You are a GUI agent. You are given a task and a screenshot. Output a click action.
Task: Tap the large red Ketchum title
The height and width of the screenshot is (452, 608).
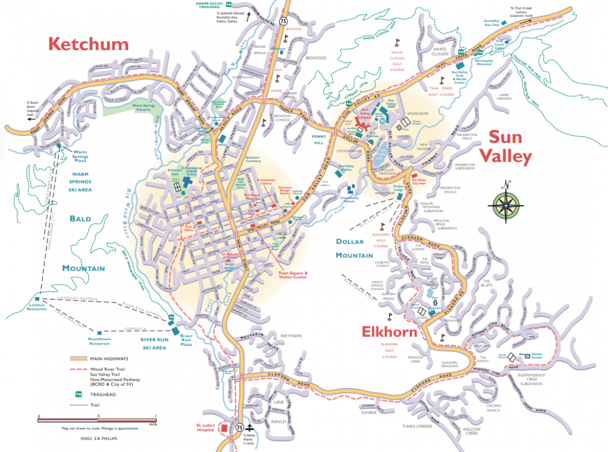click(x=88, y=44)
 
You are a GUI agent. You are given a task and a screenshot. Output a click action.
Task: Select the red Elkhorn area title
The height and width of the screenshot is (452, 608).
click(x=390, y=331)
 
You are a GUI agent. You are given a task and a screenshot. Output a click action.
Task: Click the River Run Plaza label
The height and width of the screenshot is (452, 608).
click(x=186, y=336)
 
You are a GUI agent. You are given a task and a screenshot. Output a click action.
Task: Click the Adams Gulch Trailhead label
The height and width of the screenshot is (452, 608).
click(x=209, y=4)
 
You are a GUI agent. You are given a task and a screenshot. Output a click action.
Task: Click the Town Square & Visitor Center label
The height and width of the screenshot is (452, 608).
click(x=293, y=274)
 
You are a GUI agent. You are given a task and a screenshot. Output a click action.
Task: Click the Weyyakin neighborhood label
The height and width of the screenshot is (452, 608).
click(x=291, y=336)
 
